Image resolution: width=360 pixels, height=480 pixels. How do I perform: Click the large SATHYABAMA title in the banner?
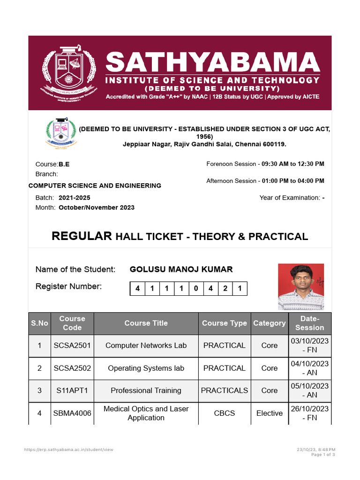[x=212, y=63]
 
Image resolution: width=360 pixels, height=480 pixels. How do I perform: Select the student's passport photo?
[x=301, y=287]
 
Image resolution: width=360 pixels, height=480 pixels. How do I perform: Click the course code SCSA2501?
[x=72, y=345]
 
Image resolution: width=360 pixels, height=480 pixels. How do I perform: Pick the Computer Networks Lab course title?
[x=146, y=345]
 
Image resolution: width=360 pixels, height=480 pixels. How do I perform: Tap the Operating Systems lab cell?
[x=146, y=368]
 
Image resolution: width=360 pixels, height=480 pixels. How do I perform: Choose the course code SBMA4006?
[x=72, y=413]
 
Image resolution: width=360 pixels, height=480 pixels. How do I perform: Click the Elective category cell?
[x=270, y=413]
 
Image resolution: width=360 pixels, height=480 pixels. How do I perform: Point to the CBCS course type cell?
[x=224, y=413]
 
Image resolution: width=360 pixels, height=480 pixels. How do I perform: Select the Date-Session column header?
[x=309, y=323]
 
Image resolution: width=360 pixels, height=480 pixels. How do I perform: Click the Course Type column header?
[x=224, y=323]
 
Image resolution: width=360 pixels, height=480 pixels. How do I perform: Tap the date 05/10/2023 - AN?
[x=309, y=390]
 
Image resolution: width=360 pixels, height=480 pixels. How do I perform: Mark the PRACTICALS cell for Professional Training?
[x=224, y=390]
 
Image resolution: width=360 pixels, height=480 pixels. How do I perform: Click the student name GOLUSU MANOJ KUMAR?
[x=181, y=270]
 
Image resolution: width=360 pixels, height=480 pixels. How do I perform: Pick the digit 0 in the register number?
[x=196, y=289]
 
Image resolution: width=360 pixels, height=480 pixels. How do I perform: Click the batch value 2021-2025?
[x=75, y=198]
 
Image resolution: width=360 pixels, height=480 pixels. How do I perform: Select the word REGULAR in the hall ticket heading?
[x=82, y=236]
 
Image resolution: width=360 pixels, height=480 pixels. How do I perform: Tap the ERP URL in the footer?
[x=69, y=450]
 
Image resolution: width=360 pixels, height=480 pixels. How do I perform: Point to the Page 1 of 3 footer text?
[x=323, y=455]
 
